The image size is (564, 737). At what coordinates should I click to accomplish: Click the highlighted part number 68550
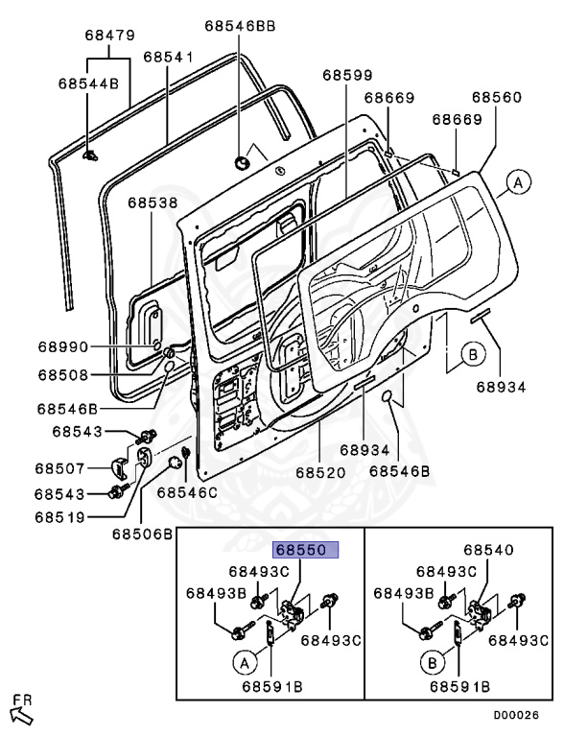(x=301, y=550)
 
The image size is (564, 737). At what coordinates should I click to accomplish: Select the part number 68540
(x=489, y=550)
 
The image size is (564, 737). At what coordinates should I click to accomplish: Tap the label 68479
(x=110, y=36)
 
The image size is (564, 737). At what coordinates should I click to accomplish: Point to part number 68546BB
(x=240, y=26)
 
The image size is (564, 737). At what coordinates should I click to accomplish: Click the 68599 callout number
(x=348, y=75)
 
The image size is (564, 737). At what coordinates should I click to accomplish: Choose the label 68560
(x=497, y=97)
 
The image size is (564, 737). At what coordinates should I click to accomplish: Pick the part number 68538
(x=153, y=202)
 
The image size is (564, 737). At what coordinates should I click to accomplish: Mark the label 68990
(x=63, y=346)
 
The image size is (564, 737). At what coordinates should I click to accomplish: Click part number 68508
(x=63, y=374)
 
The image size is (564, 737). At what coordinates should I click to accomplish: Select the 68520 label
(x=320, y=472)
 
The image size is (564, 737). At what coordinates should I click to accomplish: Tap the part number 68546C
(x=187, y=492)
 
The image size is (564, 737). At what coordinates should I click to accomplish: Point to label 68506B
(x=142, y=535)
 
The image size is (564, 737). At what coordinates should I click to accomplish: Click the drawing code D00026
(x=516, y=715)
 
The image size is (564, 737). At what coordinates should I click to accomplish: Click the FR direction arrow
(x=22, y=715)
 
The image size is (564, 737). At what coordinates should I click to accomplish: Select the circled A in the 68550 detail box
(x=245, y=663)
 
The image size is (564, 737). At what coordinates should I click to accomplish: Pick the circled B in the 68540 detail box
(x=433, y=663)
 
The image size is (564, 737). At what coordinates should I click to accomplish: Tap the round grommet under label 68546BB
(x=243, y=163)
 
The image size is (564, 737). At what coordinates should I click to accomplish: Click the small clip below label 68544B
(x=89, y=155)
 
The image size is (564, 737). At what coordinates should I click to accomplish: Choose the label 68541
(x=168, y=57)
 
